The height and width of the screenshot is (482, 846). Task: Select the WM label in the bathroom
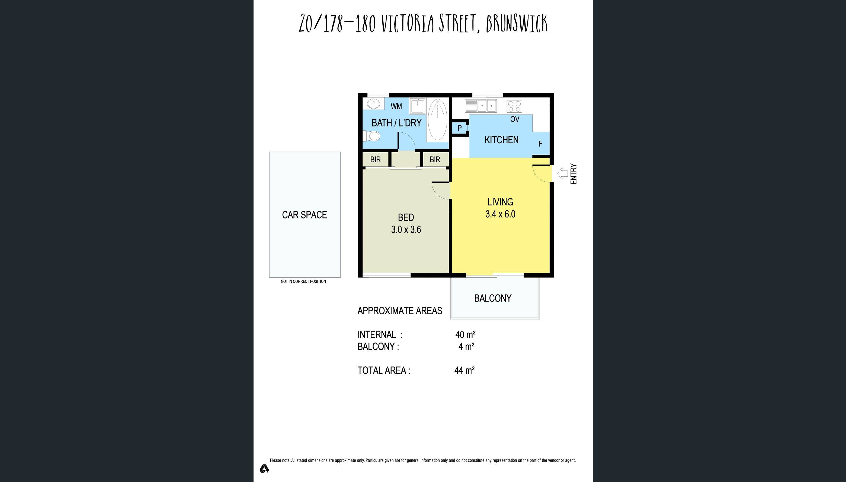[x=396, y=106]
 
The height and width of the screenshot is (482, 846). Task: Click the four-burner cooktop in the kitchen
[x=514, y=106]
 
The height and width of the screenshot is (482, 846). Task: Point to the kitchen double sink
[x=481, y=106]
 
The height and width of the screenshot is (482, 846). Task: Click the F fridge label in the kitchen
[x=540, y=144]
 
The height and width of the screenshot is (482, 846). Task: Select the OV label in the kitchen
[x=515, y=119]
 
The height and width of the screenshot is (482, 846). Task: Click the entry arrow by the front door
[x=562, y=173]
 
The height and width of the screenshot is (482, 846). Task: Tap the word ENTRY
[x=573, y=174]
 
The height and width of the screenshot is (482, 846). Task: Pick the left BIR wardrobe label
[x=375, y=160]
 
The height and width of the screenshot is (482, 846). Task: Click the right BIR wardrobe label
[x=435, y=160]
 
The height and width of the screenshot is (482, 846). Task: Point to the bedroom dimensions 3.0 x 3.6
[x=406, y=229]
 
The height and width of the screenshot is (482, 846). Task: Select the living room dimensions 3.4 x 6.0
[x=500, y=214]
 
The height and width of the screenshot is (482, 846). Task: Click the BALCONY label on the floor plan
[x=492, y=298]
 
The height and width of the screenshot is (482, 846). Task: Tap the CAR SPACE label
[x=304, y=215]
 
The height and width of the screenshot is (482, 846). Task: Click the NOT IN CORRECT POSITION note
[x=303, y=281]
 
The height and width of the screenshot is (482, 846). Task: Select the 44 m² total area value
[x=464, y=370]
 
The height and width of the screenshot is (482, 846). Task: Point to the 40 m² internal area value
[x=465, y=334]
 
